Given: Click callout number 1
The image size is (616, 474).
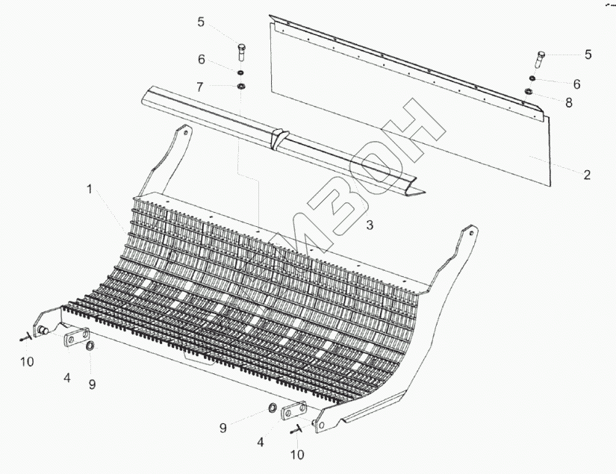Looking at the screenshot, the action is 90,190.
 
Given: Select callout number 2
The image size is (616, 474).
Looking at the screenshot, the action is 587,175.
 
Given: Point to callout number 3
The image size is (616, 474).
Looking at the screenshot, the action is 369,223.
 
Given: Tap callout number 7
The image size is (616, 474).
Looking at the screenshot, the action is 200,87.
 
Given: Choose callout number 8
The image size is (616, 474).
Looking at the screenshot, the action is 569,103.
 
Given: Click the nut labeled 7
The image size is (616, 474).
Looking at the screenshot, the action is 241,87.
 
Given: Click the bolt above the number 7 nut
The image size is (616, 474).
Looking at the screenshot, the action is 240,52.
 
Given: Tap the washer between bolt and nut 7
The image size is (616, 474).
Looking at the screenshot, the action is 241,72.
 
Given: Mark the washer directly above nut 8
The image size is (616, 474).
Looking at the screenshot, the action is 531,79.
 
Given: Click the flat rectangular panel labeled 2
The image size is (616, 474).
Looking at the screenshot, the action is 418,112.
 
